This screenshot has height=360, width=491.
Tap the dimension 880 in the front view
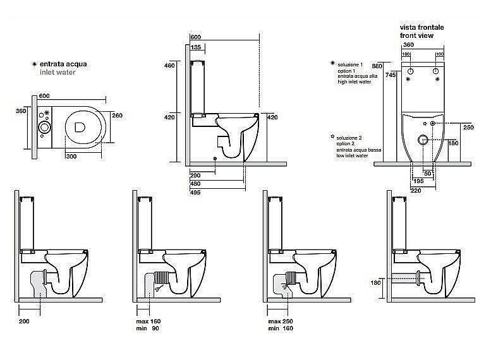tap(378, 66)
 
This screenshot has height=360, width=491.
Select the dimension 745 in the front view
tap(391, 75)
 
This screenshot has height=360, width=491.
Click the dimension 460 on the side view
tap(169, 66)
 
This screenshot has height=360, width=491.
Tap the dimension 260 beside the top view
tap(117, 116)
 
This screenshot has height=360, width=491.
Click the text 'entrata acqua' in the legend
tap(63, 64)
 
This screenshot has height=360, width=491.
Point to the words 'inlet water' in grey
tap(57, 73)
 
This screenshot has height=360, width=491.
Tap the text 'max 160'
tap(149, 322)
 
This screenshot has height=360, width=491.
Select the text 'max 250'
tap(278, 322)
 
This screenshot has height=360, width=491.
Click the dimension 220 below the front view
tap(415, 190)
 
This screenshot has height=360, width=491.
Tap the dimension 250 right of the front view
tap(468, 128)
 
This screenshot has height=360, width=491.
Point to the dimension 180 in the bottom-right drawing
tap(375, 282)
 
